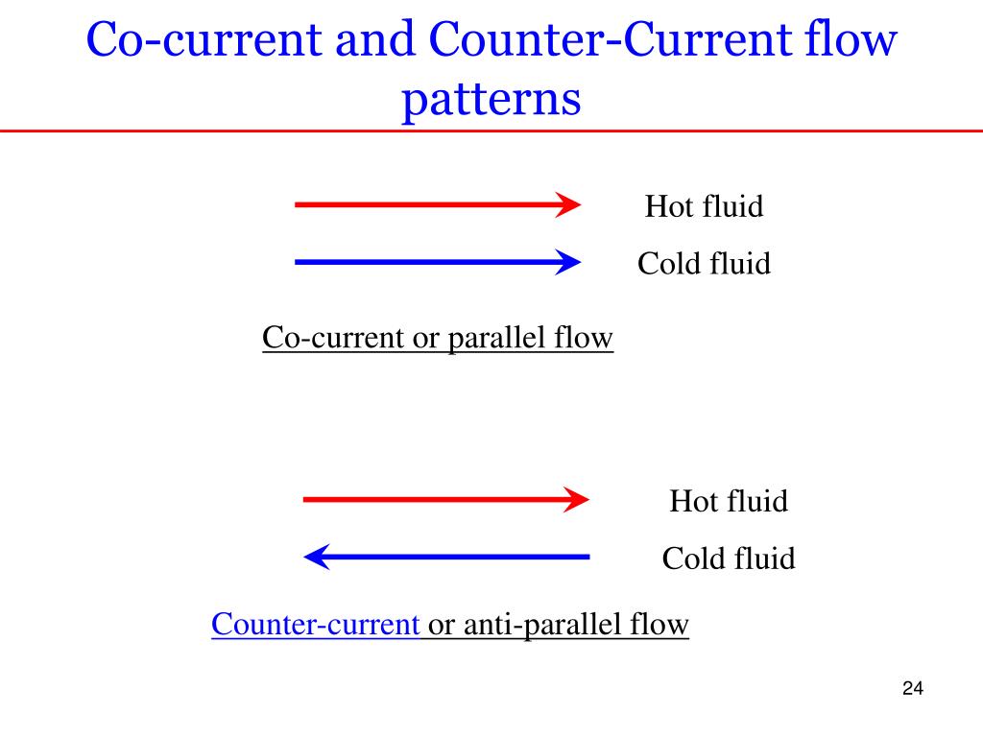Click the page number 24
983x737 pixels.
(x=912, y=689)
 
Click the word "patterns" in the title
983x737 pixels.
(x=491, y=98)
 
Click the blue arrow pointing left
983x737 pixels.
(x=446, y=557)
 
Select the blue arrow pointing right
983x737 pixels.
(x=437, y=262)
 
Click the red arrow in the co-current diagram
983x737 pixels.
(x=437, y=204)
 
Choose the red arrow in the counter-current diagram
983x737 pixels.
(x=445, y=500)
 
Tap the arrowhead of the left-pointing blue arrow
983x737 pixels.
(x=316, y=557)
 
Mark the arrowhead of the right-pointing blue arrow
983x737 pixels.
(x=569, y=262)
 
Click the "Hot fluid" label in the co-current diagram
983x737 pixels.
(x=704, y=206)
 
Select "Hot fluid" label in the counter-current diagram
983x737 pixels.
(x=728, y=501)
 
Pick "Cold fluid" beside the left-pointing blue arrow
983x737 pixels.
(x=728, y=559)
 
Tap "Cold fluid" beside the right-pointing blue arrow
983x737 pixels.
(x=704, y=264)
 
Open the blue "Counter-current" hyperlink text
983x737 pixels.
(x=315, y=625)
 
